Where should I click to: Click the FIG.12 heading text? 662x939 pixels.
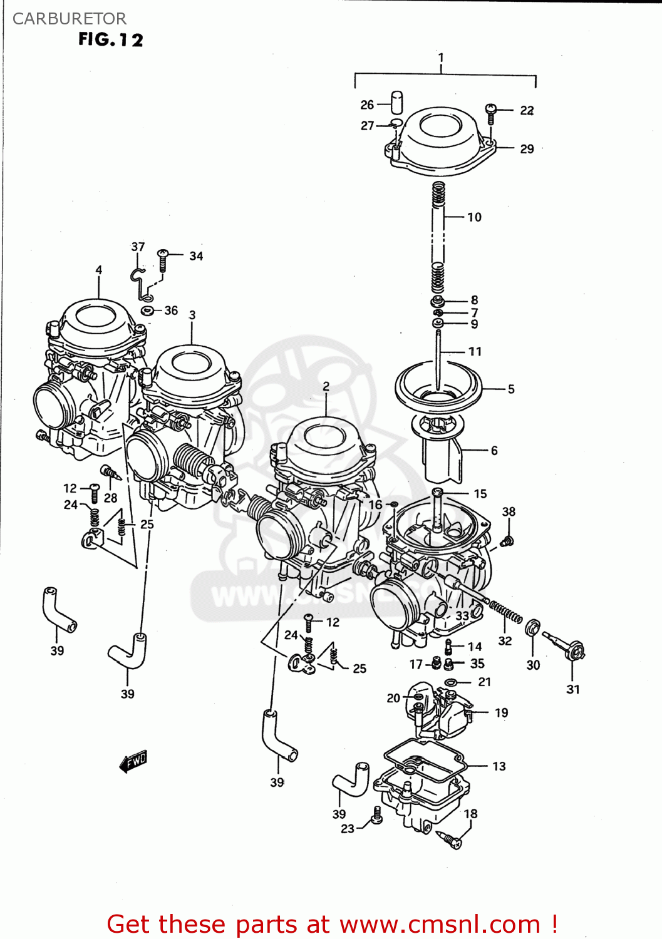click(110, 39)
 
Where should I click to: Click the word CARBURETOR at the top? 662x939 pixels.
click(69, 19)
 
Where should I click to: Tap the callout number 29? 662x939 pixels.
click(527, 149)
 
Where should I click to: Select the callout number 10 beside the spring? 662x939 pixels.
click(474, 217)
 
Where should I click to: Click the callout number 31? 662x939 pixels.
click(572, 689)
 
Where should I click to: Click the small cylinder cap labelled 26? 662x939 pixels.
click(396, 102)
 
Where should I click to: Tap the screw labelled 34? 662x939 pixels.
click(163, 259)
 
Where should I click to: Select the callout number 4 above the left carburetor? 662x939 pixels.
click(99, 270)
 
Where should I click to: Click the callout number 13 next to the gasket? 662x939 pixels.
click(499, 766)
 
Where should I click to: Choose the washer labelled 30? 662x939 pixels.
click(533, 627)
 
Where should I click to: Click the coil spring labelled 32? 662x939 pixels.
click(505, 612)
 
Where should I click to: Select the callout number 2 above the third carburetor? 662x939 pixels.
click(326, 386)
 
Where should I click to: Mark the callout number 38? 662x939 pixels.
click(509, 511)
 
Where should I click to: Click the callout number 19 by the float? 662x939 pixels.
click(501, 712)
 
